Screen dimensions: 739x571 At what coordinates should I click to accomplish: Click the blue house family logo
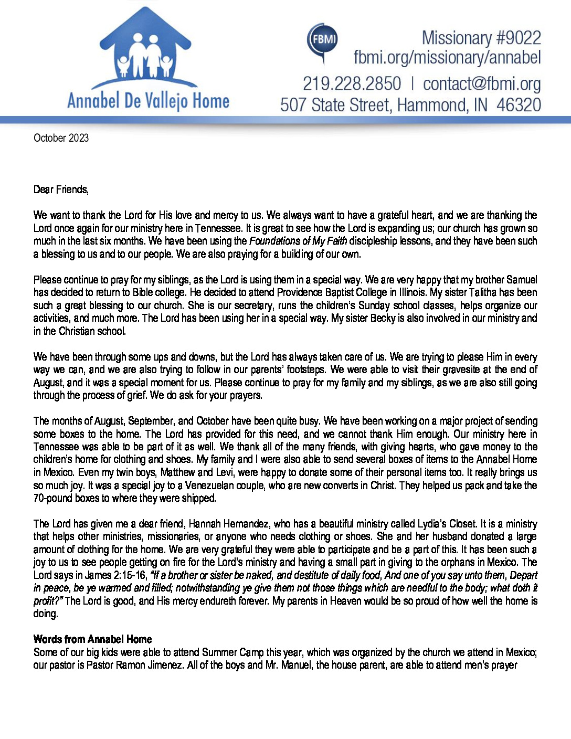point(145,50)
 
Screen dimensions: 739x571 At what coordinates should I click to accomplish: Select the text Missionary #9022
point(481,38)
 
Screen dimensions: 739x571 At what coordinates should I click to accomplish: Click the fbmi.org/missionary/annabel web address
point(447,57)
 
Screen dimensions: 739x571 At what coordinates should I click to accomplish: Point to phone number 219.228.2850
point(352,84)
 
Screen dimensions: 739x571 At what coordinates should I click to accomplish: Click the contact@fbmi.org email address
point(481,84)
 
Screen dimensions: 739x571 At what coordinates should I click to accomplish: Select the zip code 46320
point(519,105)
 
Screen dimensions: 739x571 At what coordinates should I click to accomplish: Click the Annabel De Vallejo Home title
point(148,101)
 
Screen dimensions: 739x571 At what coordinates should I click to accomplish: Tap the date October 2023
point(61,138)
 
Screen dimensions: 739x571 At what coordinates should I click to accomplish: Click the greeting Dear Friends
point(61,189)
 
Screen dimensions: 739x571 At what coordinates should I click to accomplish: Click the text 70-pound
point(54,498)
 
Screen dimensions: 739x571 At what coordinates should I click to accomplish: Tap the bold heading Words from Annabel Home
point(92,639)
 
